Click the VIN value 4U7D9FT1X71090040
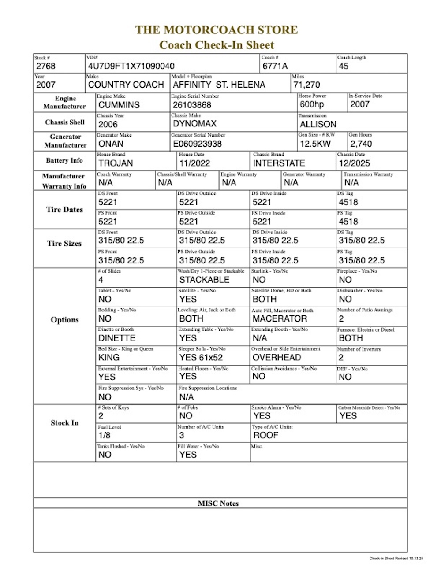coord(131,67)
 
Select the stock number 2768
coord(46,67)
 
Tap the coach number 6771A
coord(275,67)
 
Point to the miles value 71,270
coord(306,85)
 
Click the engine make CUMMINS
coord(119,105)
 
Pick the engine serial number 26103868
coord(192,105)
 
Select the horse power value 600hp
coord(312,104)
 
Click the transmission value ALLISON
coord(318,124)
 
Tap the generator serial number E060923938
coord(197,144)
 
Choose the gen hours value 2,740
coord(361,144)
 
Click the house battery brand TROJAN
coord(116,163)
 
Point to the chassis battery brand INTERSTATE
coord(279,163)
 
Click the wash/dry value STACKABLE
coord(204,280)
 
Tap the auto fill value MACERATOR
coord(280,318)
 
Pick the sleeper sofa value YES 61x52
coord(201,357)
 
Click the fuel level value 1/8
coord(105,435)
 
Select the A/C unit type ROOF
coord(265,435)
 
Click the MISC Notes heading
coord(218,503)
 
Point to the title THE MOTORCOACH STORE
coord(217,30)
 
